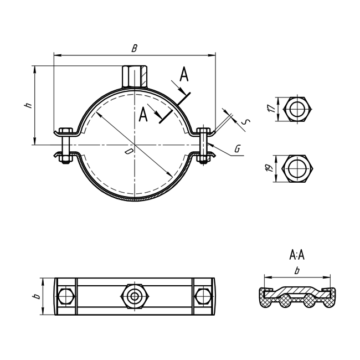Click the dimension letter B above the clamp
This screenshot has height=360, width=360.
[x=134, y=48]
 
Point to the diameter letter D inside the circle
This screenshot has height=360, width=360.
[x=128, y=151]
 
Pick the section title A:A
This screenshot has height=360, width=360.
[x=297, y=255]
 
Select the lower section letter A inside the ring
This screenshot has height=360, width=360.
[x=143, y=115]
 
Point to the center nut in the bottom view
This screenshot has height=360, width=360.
[x=134, y=296]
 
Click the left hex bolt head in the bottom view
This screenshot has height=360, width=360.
[x=66, y=296]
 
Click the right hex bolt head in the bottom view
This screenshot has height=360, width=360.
[x=203, y=296]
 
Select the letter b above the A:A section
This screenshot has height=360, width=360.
[x=297, y=271]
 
